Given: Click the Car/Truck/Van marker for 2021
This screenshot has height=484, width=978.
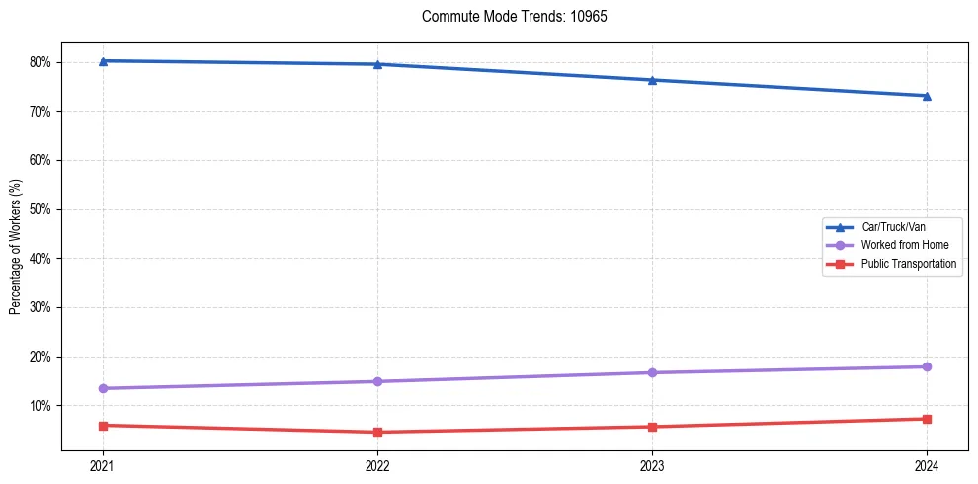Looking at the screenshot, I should pyautogui.click(x=103, y=61).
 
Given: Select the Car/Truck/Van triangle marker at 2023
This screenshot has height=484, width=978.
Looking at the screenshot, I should pyautogui.click(x=652, y=80).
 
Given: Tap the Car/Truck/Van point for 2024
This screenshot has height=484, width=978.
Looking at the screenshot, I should pyautogui.click(x=927, y=96).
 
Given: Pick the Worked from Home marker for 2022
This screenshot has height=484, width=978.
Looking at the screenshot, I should pyautogui.click(x=377, y=381).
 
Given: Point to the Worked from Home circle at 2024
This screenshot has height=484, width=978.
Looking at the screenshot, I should pyautogui.click(x=927, y=366).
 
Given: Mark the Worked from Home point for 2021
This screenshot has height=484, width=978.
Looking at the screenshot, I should pyautogui.click(x=103, y=388).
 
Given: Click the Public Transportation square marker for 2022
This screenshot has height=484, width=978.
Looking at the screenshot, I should pyautogui.click(x=377, y=432).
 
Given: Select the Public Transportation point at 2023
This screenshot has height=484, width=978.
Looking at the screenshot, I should pyautogui.click(x=652, y=427).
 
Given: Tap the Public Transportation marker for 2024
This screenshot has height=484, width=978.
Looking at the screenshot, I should pyautogui.click(x=927, y=419).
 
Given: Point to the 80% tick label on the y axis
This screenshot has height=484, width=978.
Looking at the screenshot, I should pyautogui.click(x=46, y=62).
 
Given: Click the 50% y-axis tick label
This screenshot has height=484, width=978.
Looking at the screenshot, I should pyautogui.click(x=46, y=209).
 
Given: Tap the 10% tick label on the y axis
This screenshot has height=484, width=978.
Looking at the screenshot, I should pyautogui.click(x=46, y=406).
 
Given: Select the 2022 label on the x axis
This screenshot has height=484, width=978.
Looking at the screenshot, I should pyautogui.click(x=377, y=464).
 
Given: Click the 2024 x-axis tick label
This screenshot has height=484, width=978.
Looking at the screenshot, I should pyautogui.click(x=927, y=464).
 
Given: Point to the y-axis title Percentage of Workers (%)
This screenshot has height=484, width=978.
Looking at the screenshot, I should pyautogui.click(x=16, y=247).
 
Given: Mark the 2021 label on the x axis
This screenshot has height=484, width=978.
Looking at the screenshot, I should pyautogui.click(x=103, y=464).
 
